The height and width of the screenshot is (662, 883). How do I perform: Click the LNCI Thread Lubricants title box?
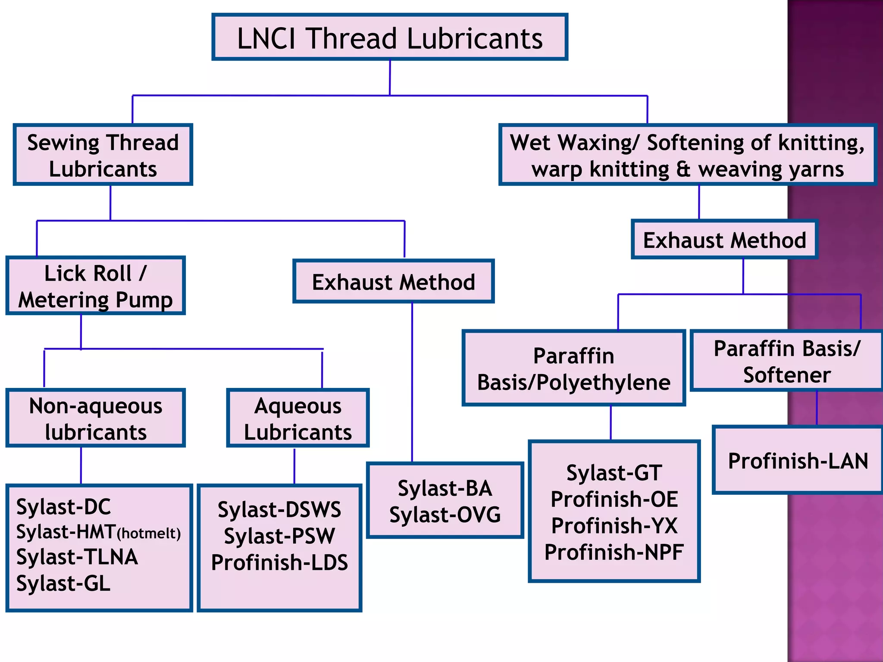coord(390,37)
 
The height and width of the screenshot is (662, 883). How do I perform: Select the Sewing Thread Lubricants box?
coord(103,155)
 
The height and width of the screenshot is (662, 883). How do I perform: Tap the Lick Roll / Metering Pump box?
coord(96,286)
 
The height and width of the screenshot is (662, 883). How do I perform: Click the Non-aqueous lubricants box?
coord(96,418)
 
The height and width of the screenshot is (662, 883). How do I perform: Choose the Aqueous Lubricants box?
coord(298,418)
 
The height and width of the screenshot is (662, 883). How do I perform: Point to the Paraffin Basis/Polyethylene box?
coord(573,369)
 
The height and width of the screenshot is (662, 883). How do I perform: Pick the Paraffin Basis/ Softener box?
coord(787,361)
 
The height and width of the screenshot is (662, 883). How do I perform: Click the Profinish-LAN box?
coord(798,460)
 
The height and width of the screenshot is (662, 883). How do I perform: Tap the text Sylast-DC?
coord(63,507)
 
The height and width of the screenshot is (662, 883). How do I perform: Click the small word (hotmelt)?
coord(149,534)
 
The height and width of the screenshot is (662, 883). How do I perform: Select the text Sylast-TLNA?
coord(77,557)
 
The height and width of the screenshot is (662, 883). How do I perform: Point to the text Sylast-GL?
coord(63,583)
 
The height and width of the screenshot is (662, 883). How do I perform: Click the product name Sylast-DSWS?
coord(279,509)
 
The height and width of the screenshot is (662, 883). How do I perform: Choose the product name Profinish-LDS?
coord(279,562)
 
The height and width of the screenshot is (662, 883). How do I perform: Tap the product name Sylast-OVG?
coord(445,515)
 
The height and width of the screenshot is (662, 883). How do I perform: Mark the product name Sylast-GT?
coord(614,472)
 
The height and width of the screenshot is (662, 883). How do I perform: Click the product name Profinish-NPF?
coord(614,552)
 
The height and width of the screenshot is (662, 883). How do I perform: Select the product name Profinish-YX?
coord(614,526)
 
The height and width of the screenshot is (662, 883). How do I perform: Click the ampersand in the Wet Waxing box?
coord(683,169)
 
